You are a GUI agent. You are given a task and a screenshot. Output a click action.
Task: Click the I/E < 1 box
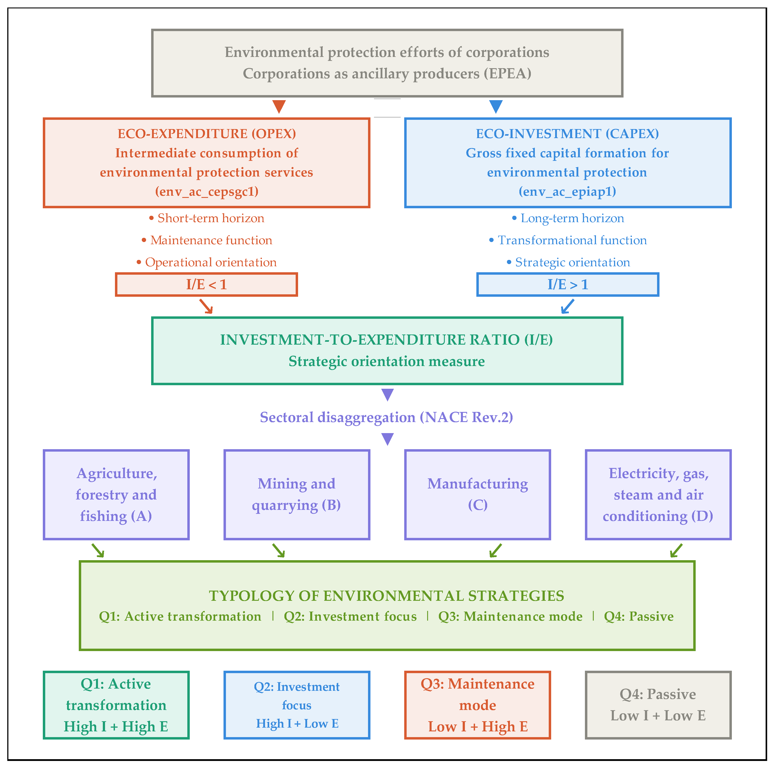tap(206, 284)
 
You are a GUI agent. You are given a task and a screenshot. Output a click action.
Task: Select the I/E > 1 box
tap(567, 284)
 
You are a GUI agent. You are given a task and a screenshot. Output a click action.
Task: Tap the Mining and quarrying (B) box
tap(297, 494)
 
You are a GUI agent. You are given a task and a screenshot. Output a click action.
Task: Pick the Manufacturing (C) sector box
tap(477, 494)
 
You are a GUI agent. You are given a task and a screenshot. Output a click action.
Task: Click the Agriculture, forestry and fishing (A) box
tap(116, 494)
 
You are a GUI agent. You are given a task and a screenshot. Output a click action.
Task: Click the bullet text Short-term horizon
tap(210, 218)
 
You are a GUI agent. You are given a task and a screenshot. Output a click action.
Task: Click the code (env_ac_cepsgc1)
tap(207, 192)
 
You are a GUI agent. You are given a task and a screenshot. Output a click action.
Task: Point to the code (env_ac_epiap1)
tap(567, 192)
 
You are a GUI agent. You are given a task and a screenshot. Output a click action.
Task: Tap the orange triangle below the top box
tap(279, 106)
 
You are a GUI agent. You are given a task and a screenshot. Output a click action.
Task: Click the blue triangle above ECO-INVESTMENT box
tap(496, 106)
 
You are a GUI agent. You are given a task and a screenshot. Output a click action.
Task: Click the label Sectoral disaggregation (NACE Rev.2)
tap(387, 417)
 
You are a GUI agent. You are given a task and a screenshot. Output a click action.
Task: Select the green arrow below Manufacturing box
tap(496, 550)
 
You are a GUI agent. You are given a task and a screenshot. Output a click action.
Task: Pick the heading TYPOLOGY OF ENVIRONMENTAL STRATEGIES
tap(387, 596)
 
